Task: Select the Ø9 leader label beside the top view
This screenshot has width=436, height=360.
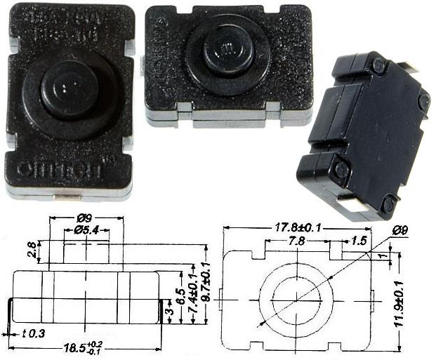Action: click(402, 229)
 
